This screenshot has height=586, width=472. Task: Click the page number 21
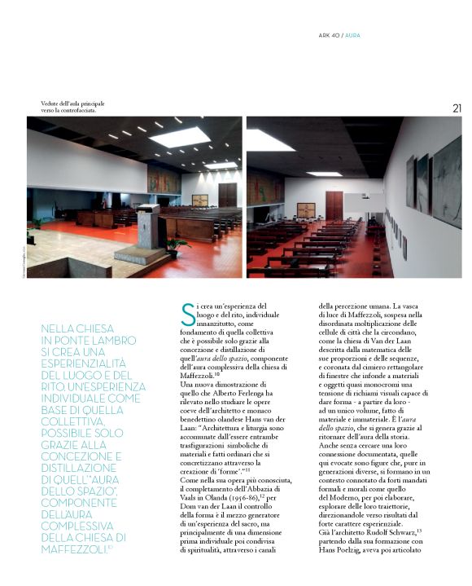click(457, 108)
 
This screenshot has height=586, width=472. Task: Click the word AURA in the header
click(354, 35)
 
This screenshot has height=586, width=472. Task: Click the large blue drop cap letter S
click(188, 313)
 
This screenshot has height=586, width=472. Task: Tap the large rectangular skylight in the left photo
click(180, 136)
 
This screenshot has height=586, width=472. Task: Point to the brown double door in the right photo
click(334, 205)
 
